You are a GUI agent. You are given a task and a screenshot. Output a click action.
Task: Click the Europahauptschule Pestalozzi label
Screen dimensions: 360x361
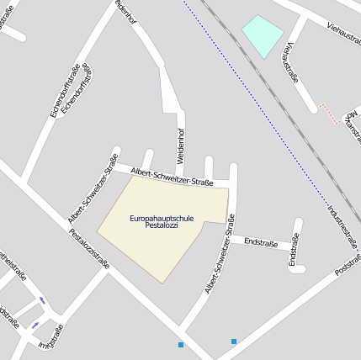[x=162, y=222]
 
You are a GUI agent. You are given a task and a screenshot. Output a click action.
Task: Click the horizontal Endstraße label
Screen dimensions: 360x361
[x=260, y=242]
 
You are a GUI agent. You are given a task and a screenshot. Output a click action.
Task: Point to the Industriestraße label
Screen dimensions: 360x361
[x=342, y=226]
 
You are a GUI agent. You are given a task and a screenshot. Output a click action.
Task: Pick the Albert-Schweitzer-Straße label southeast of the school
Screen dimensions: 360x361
[x=218, y=264]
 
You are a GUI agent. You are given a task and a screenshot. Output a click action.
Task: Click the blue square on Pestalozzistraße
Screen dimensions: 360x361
[x=181, y=345]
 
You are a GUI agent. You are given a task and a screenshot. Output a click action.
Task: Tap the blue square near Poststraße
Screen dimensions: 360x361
[x=234, y=341]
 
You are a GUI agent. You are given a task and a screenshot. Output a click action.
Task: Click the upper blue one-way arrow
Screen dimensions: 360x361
[x=42, y=300]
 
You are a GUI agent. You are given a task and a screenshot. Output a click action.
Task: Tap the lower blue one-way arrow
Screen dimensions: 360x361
[x=35, y=325]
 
